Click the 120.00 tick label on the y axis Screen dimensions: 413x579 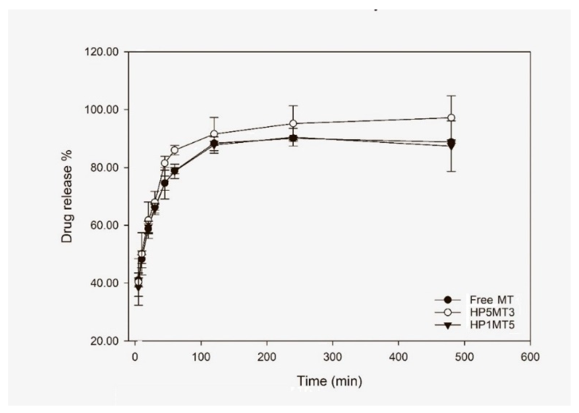tap(102, 52)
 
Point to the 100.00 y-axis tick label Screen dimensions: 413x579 tap(102, 110)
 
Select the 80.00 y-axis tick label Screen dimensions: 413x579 tap(104, 168)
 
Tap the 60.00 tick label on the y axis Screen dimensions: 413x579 tap(104, 225)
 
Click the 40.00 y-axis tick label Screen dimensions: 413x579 tap(104, 283)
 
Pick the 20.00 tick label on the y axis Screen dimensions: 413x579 tap(104, 341)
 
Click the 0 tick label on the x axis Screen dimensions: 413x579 tap(135, 357)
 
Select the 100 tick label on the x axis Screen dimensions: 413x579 tap(201, 357)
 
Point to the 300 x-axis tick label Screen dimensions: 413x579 tap(332, 357)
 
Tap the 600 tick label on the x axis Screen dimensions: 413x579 tap(530, 357)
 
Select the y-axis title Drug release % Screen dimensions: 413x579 tap(67, 196)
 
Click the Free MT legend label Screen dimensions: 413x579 tap(491, 300)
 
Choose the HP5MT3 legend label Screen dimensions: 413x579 tap(492, 312)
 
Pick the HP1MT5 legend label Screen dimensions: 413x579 tap(492, 325)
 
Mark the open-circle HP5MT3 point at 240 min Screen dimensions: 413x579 tap(293, 123)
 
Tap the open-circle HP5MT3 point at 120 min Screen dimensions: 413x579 tap(214, 134)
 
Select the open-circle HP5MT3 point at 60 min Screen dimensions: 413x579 tap(175, 150)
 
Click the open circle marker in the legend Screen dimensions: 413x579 tap(448, 312)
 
